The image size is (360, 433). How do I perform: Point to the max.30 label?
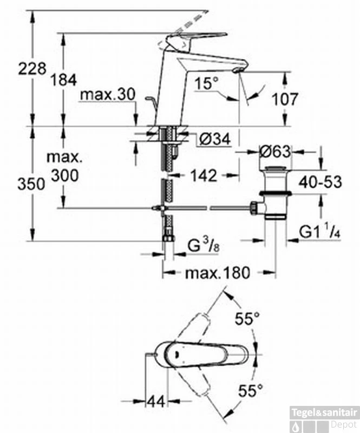107,94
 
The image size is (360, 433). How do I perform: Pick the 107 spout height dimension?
284,99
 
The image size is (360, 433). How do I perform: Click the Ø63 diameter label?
276,152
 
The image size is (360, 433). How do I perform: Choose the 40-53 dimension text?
322,182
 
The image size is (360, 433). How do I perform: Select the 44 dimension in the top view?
157,401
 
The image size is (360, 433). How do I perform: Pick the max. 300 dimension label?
64,167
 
